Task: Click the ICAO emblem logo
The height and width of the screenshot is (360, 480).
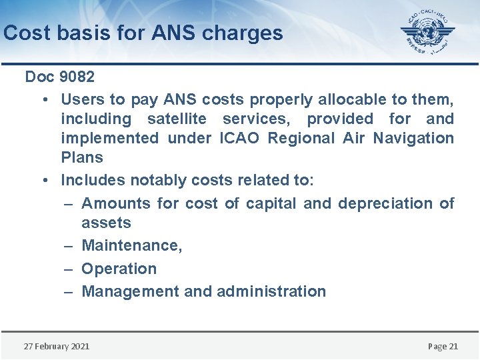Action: click(427, 32)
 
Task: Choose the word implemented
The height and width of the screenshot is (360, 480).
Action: click(109, 139)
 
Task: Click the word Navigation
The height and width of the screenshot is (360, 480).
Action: click(413, 139)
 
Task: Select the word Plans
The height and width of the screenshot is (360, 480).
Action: click(82, 158)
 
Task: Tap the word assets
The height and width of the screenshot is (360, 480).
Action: click(106, 223)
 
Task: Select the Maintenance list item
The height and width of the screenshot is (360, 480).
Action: click(131, 245)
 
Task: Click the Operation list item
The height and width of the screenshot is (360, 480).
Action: click(119, 269)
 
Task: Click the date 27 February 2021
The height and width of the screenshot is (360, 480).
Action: click(57, 346)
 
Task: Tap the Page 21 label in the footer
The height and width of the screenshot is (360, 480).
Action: click(443, 346)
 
